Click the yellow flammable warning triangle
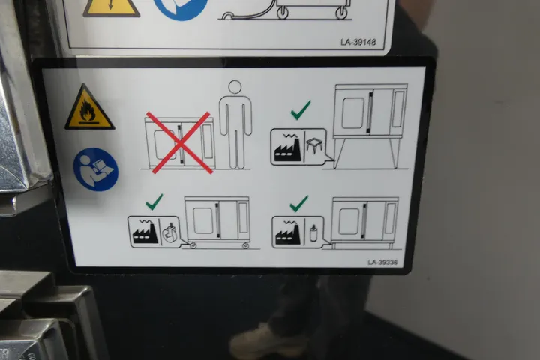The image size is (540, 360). pyautogui.click(x=89, y=109)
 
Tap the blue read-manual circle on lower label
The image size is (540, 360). pyautogui.click(x=96, y=169)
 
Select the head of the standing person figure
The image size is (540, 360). pyautogui.click(x=235, y=87)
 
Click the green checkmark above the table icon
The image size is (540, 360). pyautogui.click(x=301, y=110)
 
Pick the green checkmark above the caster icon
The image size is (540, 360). pyautogui.click(x=154, y=202)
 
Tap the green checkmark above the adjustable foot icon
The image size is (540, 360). pyautogui.click(x=299, y=203)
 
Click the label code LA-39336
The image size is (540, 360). pyautogui.click(x=382, y=262)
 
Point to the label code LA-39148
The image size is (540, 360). pyautogui.click(x=358, y=42)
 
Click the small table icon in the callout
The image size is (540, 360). pyautogui.click(x=314, y=147)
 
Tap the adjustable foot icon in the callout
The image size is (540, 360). pyautogui.click(x=313, y=232)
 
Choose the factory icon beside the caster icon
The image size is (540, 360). pyautogui.click(x=145, y=232)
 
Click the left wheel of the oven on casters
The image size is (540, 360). pyautogui.click(x=193, y=245)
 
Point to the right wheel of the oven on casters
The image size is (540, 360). pyautogui.click(x=245, y=245)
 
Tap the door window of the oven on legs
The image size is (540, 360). pyautogui.click(x=352, y=113)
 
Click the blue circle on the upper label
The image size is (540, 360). pyautogui.click(x=181, y=7)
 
